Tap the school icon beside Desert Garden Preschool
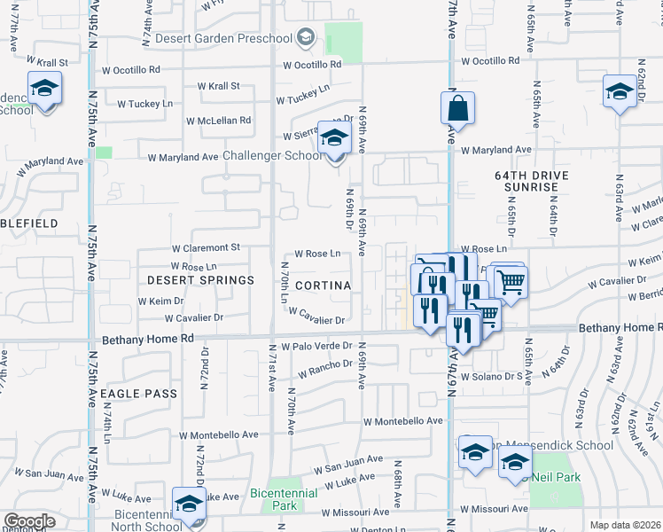coord(306,36)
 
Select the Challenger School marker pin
coord(334,139)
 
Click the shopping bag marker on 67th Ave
coord(457,110)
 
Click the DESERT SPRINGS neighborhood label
coord(200,279)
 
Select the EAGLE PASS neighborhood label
coord(139,393)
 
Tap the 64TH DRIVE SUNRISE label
coord(526,181)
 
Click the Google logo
coord(28,521)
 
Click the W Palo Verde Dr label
coord(316,346)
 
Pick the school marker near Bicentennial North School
coord(189,505)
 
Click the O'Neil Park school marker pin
coord(515,461)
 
